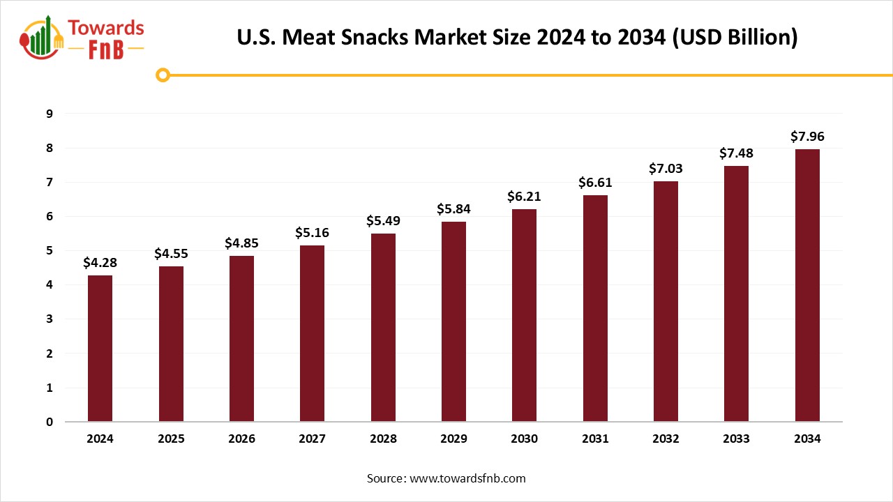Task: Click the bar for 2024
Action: click(100, 349)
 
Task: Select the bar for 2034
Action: click(807, 286)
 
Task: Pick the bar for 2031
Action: click(595, 309)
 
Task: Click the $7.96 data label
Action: click(807, 137)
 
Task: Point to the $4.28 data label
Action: click(100, 263)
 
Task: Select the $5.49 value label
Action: click(383, 221)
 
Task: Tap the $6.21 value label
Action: click(524, 197)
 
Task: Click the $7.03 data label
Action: click(666, 169)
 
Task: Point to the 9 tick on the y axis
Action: click(49, 114)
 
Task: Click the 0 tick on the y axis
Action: click(49, 422)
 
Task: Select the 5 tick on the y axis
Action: click(49, 250)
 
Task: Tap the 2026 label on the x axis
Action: click(241, 439)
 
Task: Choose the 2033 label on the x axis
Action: click(736, 439)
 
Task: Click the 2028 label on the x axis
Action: click(383, 439)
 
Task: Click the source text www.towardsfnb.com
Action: click(467, 478)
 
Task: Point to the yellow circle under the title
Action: click(163, 75)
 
